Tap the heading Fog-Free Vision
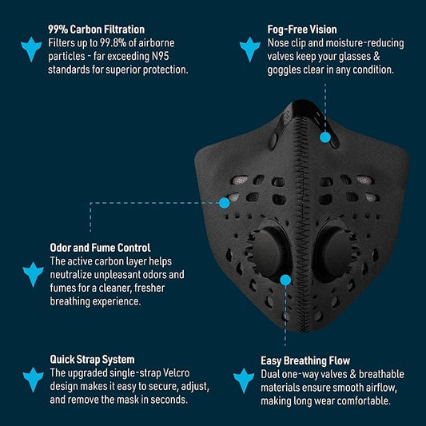coord(301,29)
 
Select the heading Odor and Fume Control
coord(100,248)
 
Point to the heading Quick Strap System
coord(92,360)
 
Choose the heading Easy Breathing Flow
coord(305,361)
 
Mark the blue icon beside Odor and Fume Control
coord(32,274)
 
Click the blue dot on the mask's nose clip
coord(325,137)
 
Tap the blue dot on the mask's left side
coord(225,203)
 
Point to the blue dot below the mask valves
coord(285,280)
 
